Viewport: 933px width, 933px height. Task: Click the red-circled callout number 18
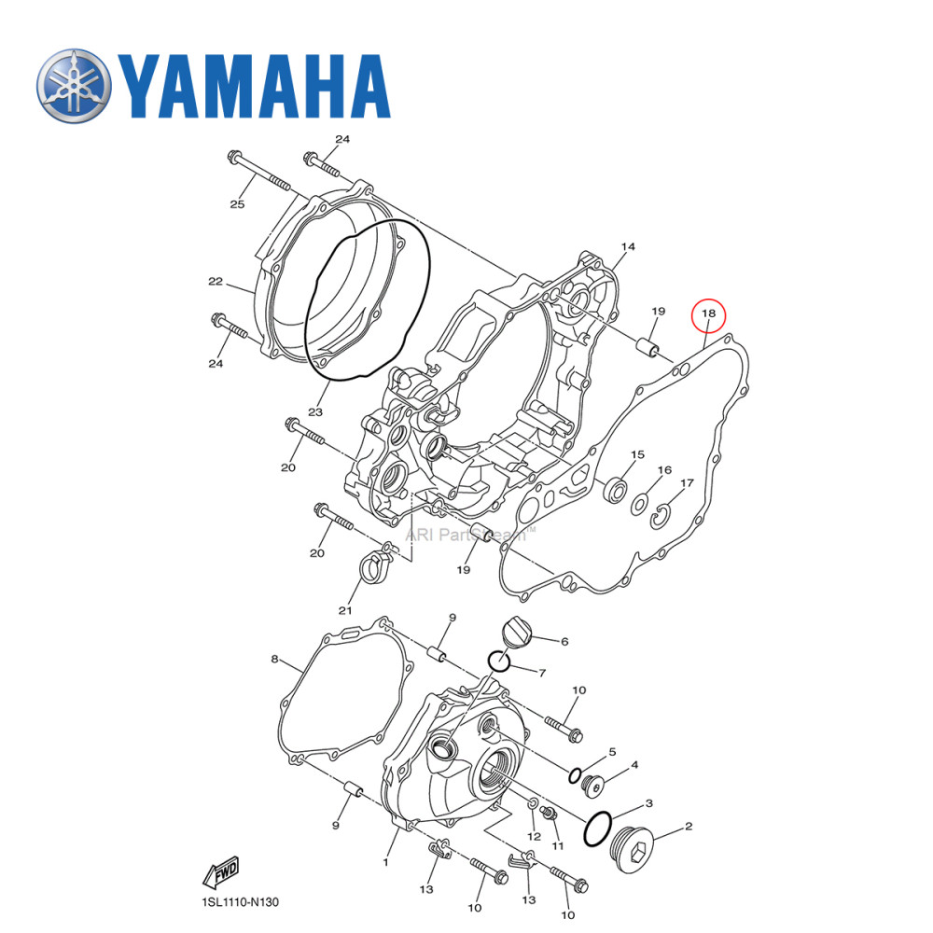click(x=708, y=314)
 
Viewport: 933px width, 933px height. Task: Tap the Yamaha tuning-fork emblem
click(x=74, y=85)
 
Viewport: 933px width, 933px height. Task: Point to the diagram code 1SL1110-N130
click(x=240, y=902)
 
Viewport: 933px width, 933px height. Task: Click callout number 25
click(x=237, y=204)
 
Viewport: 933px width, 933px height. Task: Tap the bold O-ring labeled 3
click(x=597, y=829)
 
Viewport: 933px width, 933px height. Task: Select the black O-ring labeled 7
click(x=499, y=661)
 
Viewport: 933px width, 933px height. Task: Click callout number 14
click(x=628, y=246)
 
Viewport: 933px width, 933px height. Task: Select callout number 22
click(x=216, y=281)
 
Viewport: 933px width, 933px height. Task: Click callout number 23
click(x=315, y=411)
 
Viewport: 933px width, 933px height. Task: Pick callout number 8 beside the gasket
click(x=275, y=660)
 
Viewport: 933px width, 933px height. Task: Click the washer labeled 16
click(x=640, y=504)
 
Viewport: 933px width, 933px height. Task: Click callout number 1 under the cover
click(x=384, y=863)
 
